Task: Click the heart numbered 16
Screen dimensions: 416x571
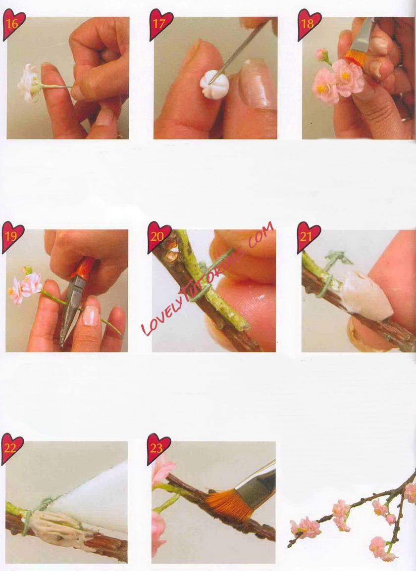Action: [14, 25]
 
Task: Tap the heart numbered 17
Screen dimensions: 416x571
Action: [160, 25]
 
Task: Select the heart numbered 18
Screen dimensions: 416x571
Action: [309, 25]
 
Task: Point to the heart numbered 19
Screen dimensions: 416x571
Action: [13, 237]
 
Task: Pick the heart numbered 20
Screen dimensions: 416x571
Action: [159, 237]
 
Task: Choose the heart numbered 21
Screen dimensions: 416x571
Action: [308, 237]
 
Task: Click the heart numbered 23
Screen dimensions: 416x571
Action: [158, 449]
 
